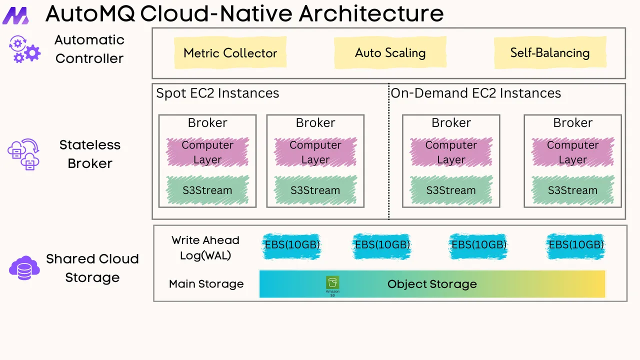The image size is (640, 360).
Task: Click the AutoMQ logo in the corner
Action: (x=15, y=15)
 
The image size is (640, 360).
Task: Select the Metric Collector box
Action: (x=230, y=53)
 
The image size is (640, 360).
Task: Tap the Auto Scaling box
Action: (x=390, y=53)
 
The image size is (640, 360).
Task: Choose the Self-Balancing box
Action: (x=549, y=53)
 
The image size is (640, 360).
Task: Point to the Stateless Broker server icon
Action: (x=23, y=154)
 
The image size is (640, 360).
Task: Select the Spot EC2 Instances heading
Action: (x=217, y=93)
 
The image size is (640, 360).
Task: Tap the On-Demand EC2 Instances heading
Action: (x=475, y=93)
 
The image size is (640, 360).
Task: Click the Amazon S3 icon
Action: (x=332, y=285)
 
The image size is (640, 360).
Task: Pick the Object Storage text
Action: (x=432, y=284)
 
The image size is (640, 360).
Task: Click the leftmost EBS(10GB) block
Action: (x=292, y=245)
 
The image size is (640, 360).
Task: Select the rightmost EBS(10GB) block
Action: (x=576, y=245)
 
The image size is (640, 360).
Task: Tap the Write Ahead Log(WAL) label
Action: (x=205, y=247)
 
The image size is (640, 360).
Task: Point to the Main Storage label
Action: (x=206, y=284)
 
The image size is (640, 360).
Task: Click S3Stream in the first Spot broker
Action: (x=207, y=190)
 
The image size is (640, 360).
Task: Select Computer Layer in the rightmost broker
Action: (x=572, y=152)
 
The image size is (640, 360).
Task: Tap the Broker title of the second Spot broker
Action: (x=315, y=123)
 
